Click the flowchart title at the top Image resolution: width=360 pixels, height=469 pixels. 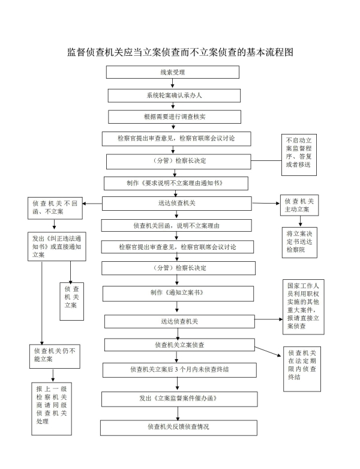point(180,52)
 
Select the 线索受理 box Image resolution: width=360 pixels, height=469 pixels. point(173,72)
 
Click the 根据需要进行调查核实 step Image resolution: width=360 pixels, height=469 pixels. point(175,116)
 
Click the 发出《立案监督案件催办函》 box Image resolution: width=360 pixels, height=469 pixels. point(178,399)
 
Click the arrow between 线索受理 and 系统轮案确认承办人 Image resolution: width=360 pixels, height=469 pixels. point(173,84)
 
